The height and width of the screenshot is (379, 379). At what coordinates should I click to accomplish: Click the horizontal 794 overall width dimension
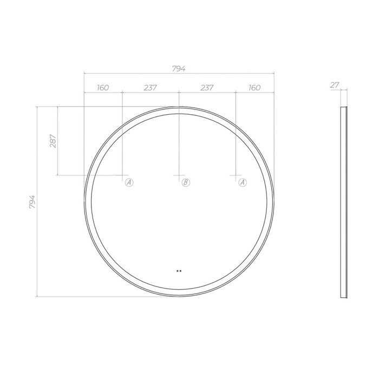click(179, 69)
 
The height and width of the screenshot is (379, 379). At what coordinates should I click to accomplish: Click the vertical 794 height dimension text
click(32, 202)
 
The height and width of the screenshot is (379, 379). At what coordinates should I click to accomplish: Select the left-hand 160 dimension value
click(103, 88)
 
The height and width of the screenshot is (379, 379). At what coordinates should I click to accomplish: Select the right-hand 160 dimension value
click(254, 88)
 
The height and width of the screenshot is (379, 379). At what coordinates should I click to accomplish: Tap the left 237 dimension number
click(151, 88)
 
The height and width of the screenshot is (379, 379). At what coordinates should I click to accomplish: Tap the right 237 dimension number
click(207, 88)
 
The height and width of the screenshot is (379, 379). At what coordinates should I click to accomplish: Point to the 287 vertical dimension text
click(53, 141)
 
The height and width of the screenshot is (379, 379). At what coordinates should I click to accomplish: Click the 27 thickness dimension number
click(335, 85)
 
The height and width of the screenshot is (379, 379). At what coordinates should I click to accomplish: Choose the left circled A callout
click(129, 182)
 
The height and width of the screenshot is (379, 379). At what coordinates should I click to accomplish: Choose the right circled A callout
click(243, 182)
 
